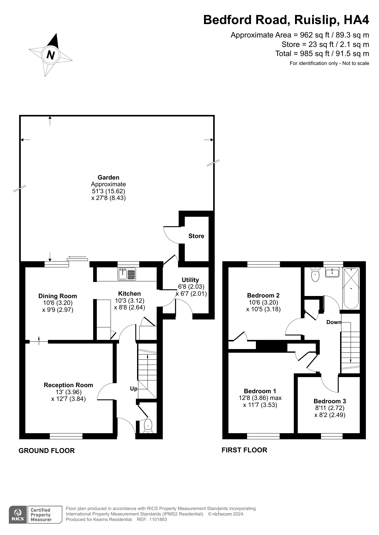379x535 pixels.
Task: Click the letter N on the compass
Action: pyautogui.click(x=51, y=55)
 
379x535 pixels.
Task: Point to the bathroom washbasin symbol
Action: pyautogui.click(x=332, y=272)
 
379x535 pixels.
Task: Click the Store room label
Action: pyautogui.click(x=196, y=236)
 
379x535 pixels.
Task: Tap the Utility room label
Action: pyautogui.click(x=190, y=280)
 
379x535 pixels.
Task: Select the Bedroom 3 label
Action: pyautogui.click(x=330, y=401)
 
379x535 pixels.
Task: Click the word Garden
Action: pyautogui.click(x=108, y=177)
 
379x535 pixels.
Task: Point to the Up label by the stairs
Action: pyautogui.click(x=134, y=389)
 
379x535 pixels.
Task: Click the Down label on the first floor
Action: pyautogui.click(x=333, y=322)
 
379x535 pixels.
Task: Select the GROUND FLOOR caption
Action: pyautogui.click(x=47, y=451)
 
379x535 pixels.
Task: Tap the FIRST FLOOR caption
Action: pyautogui.click(x=244, y=450)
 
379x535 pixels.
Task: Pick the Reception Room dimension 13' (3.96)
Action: pyautogui.click(x=68, y=392)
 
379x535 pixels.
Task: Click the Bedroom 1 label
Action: pyautogui.click(x=260, y=391)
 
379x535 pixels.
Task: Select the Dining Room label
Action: pyautogui.click(x=58, y=296)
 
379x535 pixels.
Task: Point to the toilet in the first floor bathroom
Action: pyautogui.click(x=315, y=275)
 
